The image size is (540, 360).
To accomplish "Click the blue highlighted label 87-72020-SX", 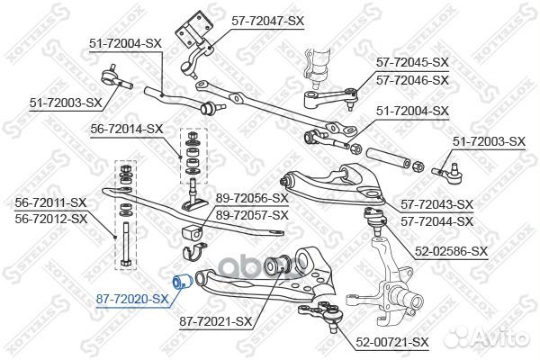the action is [132, 299].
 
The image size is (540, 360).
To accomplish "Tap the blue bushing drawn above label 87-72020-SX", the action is [182, 282].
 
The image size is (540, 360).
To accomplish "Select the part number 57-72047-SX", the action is [268, 21].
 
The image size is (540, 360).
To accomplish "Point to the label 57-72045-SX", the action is [412, 62].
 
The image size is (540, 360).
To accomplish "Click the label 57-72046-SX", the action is [412, 80].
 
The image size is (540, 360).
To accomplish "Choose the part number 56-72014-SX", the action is [126, 130].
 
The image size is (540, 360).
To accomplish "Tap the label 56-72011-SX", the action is [50, 202].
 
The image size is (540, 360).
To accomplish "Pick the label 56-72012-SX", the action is [51, 219].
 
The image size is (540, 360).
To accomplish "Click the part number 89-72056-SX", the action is [252, 198].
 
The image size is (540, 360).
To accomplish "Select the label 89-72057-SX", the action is [252, 215].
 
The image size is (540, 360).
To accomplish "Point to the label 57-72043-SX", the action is [437, 204].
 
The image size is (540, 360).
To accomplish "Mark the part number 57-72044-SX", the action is [437, 221].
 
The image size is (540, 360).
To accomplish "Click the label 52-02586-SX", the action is [452, 251].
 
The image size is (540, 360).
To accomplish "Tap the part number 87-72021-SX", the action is [216, 322].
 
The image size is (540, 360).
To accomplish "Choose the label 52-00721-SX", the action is [392, 342].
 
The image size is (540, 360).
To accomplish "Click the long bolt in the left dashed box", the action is [126, 244].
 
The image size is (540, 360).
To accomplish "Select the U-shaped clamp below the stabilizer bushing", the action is [193, 251].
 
